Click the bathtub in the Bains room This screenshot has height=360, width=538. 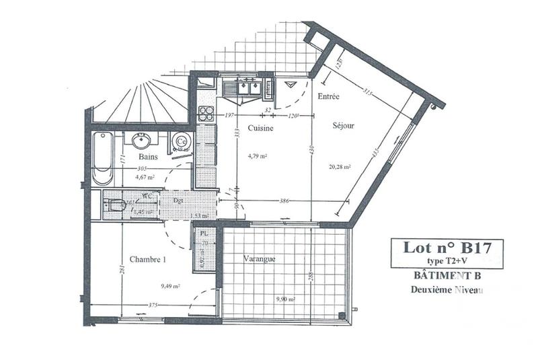click(102, 158)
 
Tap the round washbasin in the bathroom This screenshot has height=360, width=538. click(142, 141)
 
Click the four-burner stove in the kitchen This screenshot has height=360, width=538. click(206, 113)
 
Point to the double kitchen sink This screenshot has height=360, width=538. click(245, 88)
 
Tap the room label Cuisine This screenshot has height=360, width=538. click(260, 128)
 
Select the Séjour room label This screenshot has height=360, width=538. click(343, 125)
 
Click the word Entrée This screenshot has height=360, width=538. click(328, 96)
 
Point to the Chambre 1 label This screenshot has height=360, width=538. click(148, 259)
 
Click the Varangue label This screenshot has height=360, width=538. click(260, 258)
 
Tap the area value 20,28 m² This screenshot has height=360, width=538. click(340, 168)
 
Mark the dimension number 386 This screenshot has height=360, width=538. click(284, 201)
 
